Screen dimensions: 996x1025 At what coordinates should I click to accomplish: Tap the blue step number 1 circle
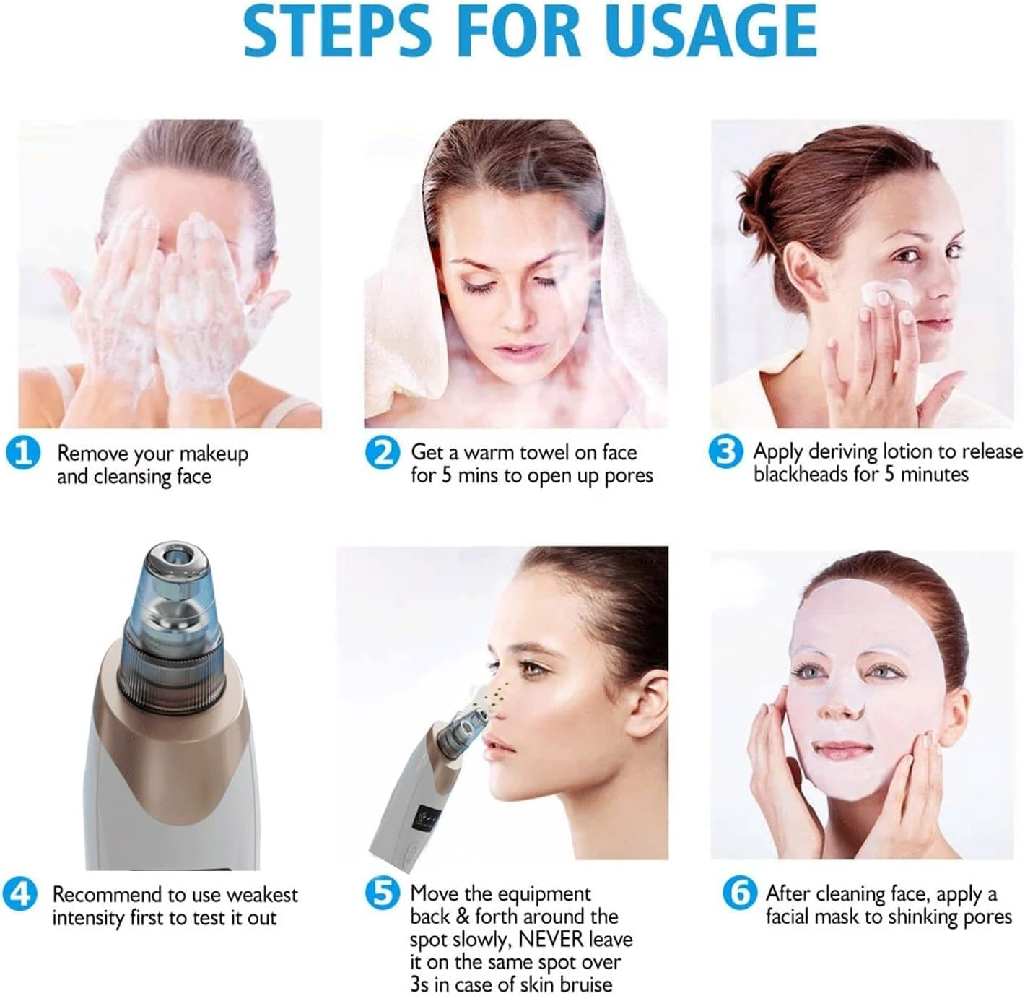[x=23, y=454]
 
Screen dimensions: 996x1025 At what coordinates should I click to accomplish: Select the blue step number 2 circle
[x=382, y=454]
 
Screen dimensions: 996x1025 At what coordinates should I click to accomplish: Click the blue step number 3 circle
[x=725, y=452]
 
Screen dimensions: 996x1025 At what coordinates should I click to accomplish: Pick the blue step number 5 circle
[x=382, y=894]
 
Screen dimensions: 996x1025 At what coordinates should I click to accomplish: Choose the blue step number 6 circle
[x=740, y=894]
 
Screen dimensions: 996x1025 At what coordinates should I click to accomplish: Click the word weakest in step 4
[x=261, y=895]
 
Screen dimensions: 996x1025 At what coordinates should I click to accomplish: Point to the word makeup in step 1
[x=214, y=454]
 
